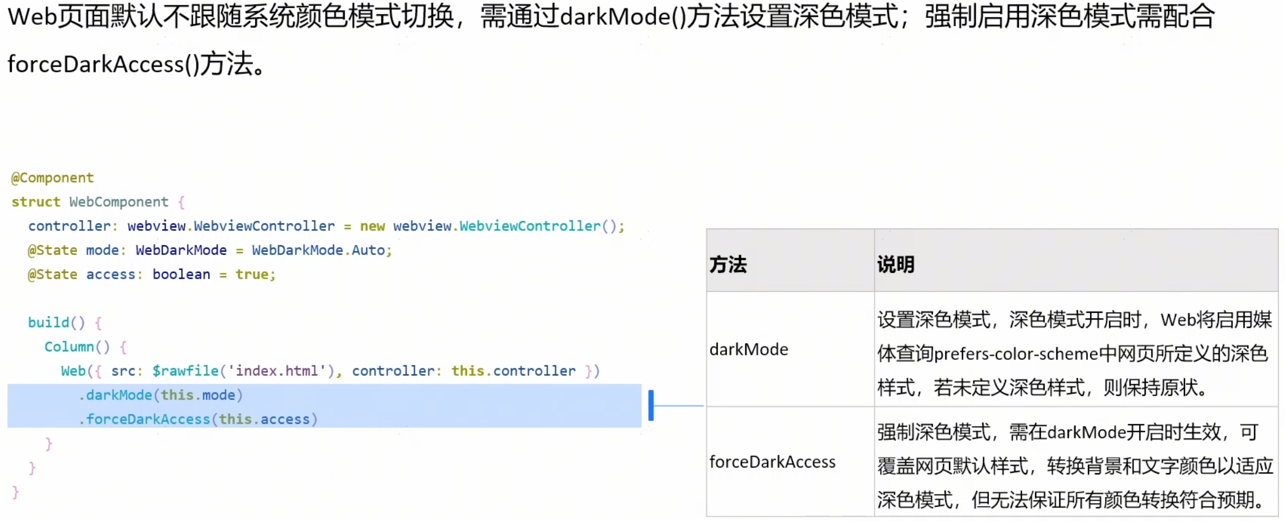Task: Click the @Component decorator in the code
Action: coord(53,178)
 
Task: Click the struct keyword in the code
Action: coord(36,202)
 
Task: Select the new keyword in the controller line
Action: coord(372,226)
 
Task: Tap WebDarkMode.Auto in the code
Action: coord(321,250)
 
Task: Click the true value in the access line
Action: coord(252,275)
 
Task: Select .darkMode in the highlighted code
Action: coord(116,395)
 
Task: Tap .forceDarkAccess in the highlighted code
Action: coord(145,419)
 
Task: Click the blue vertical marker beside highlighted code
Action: coord(651,405)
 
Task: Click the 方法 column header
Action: coord(728,264)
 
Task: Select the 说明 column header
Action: coord(896,264)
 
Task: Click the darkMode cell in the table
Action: coord(749,350)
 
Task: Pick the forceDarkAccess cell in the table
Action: coord(772,462)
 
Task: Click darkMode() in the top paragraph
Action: coord(623,17)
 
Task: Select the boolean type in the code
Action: coord(181,275)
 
